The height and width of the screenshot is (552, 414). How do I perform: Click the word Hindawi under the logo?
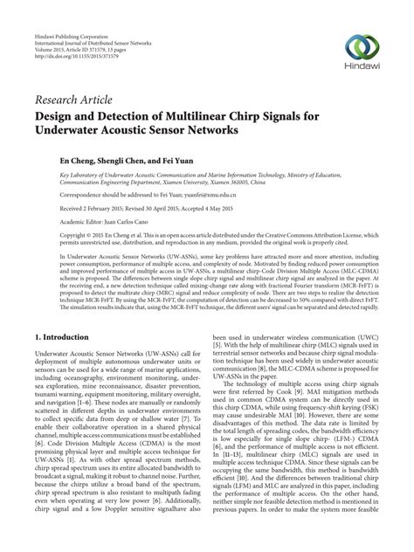point(361,68)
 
